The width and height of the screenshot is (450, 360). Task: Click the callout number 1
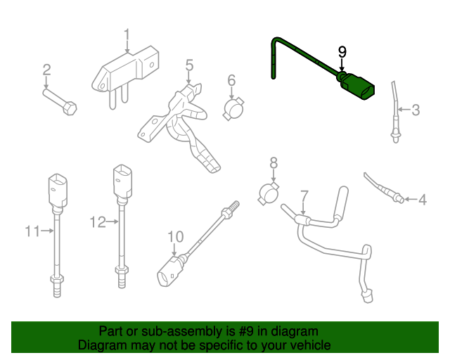[127, 36]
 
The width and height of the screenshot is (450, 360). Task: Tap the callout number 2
[47, 70]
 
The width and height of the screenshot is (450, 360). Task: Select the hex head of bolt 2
[70, 108]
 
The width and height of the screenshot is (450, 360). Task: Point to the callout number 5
[189, 65]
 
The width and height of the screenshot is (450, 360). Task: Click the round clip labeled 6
[233, 108]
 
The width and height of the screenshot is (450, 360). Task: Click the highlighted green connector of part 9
[357, 86]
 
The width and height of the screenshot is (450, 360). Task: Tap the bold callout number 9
[342, 52]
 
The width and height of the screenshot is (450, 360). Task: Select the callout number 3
[416, 110]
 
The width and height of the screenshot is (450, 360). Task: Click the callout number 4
[423, 200]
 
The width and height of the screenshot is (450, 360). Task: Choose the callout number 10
[175, 237]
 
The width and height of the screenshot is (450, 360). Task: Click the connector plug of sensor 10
[169, 271]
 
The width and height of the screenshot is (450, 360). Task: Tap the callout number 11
[32, 231]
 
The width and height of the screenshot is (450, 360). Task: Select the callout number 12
[98, 222]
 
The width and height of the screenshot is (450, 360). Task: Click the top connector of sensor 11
[58, 190]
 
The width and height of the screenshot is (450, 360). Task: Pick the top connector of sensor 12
[122, 181]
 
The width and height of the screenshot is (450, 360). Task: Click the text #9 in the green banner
[246, 331]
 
